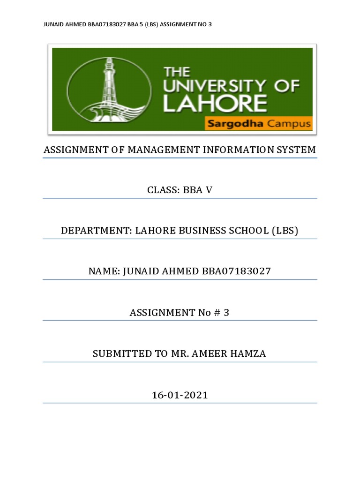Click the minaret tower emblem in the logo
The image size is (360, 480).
click(x=109, y=89)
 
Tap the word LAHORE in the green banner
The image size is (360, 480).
click(x=215, y=104)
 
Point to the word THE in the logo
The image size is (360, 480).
click(x=177, y=72)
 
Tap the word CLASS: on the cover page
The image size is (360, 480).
click(x=161, y=190)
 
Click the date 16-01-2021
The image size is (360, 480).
click(x=180, y=395)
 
